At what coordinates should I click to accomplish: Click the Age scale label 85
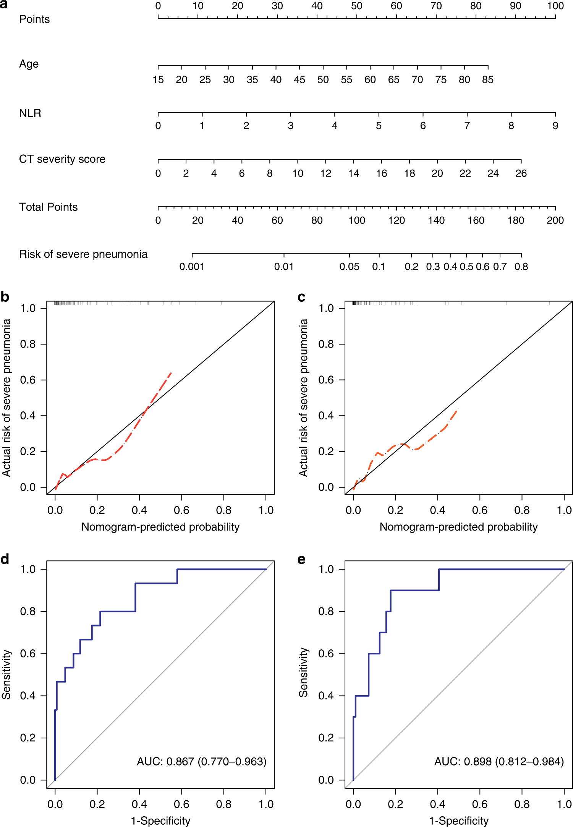[488, 80]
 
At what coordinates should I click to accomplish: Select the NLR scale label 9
[555, 126]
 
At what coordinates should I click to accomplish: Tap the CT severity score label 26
[521, 174]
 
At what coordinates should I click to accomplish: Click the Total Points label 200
[555, 221]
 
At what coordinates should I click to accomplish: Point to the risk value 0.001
[192, 267]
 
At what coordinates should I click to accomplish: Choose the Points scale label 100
[555, 6]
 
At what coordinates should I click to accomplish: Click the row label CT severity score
[62, 159]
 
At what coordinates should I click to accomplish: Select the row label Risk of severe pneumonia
[83, 254]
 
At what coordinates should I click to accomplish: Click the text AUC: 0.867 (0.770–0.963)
[201, 762]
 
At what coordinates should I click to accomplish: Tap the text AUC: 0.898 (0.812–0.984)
[499, 762]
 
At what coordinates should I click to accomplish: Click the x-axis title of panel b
[160, 527]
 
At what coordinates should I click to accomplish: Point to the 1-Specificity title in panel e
[459, 821]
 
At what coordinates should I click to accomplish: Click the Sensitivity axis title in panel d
[6, 674]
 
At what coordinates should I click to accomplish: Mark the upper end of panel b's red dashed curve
[171, 372]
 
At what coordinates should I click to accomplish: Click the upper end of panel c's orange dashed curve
[458, 409]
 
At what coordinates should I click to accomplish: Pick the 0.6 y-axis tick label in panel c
[326, 380]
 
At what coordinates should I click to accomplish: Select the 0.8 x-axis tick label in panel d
[223, 804]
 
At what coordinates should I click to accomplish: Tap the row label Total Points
[49, 207]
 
